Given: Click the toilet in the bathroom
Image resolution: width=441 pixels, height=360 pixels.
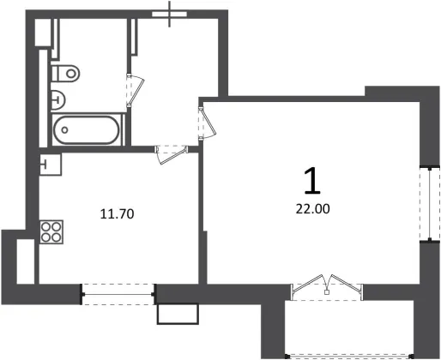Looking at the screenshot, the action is click(x=65, y=73).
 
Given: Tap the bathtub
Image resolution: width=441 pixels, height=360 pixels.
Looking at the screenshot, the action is click(x=87, y=130).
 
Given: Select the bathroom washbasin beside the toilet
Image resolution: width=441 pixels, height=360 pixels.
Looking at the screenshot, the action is click(x=58, y=100).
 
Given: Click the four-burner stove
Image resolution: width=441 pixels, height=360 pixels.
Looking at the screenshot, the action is click(x=51, y=231).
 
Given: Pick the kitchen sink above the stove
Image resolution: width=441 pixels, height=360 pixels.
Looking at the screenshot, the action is click(x=51, y=165).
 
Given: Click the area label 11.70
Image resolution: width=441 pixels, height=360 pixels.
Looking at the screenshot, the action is click(x=117, y=214).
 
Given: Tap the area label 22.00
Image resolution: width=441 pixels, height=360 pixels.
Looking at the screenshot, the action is click(x=312, y=209).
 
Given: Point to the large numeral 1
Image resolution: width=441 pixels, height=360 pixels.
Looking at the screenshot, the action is click(x=312, y=181).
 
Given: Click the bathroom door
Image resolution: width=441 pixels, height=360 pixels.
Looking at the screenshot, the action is click(x=135, y=90).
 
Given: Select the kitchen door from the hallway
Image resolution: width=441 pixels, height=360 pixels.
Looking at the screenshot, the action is click(x=172, y=154).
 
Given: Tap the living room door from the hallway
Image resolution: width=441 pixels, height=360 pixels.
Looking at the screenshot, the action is click(x=207, y=123).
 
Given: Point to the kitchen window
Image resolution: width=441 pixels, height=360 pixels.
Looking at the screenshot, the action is click(x=118, y=294).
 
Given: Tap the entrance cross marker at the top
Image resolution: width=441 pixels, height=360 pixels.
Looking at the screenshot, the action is click(x=170, y=14).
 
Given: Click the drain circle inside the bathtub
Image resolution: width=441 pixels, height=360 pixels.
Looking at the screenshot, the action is click(x=64, y=130).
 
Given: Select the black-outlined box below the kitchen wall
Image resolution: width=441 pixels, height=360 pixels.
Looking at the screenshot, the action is click(x=178, y=314).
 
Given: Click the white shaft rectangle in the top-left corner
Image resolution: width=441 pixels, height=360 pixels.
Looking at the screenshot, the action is click(x=43, y=33).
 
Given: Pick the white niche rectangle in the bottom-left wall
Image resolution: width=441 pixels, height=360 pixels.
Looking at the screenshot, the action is click(x=26, y=261).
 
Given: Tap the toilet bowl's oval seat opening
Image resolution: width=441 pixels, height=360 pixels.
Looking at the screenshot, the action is click(x=71, y=74).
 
